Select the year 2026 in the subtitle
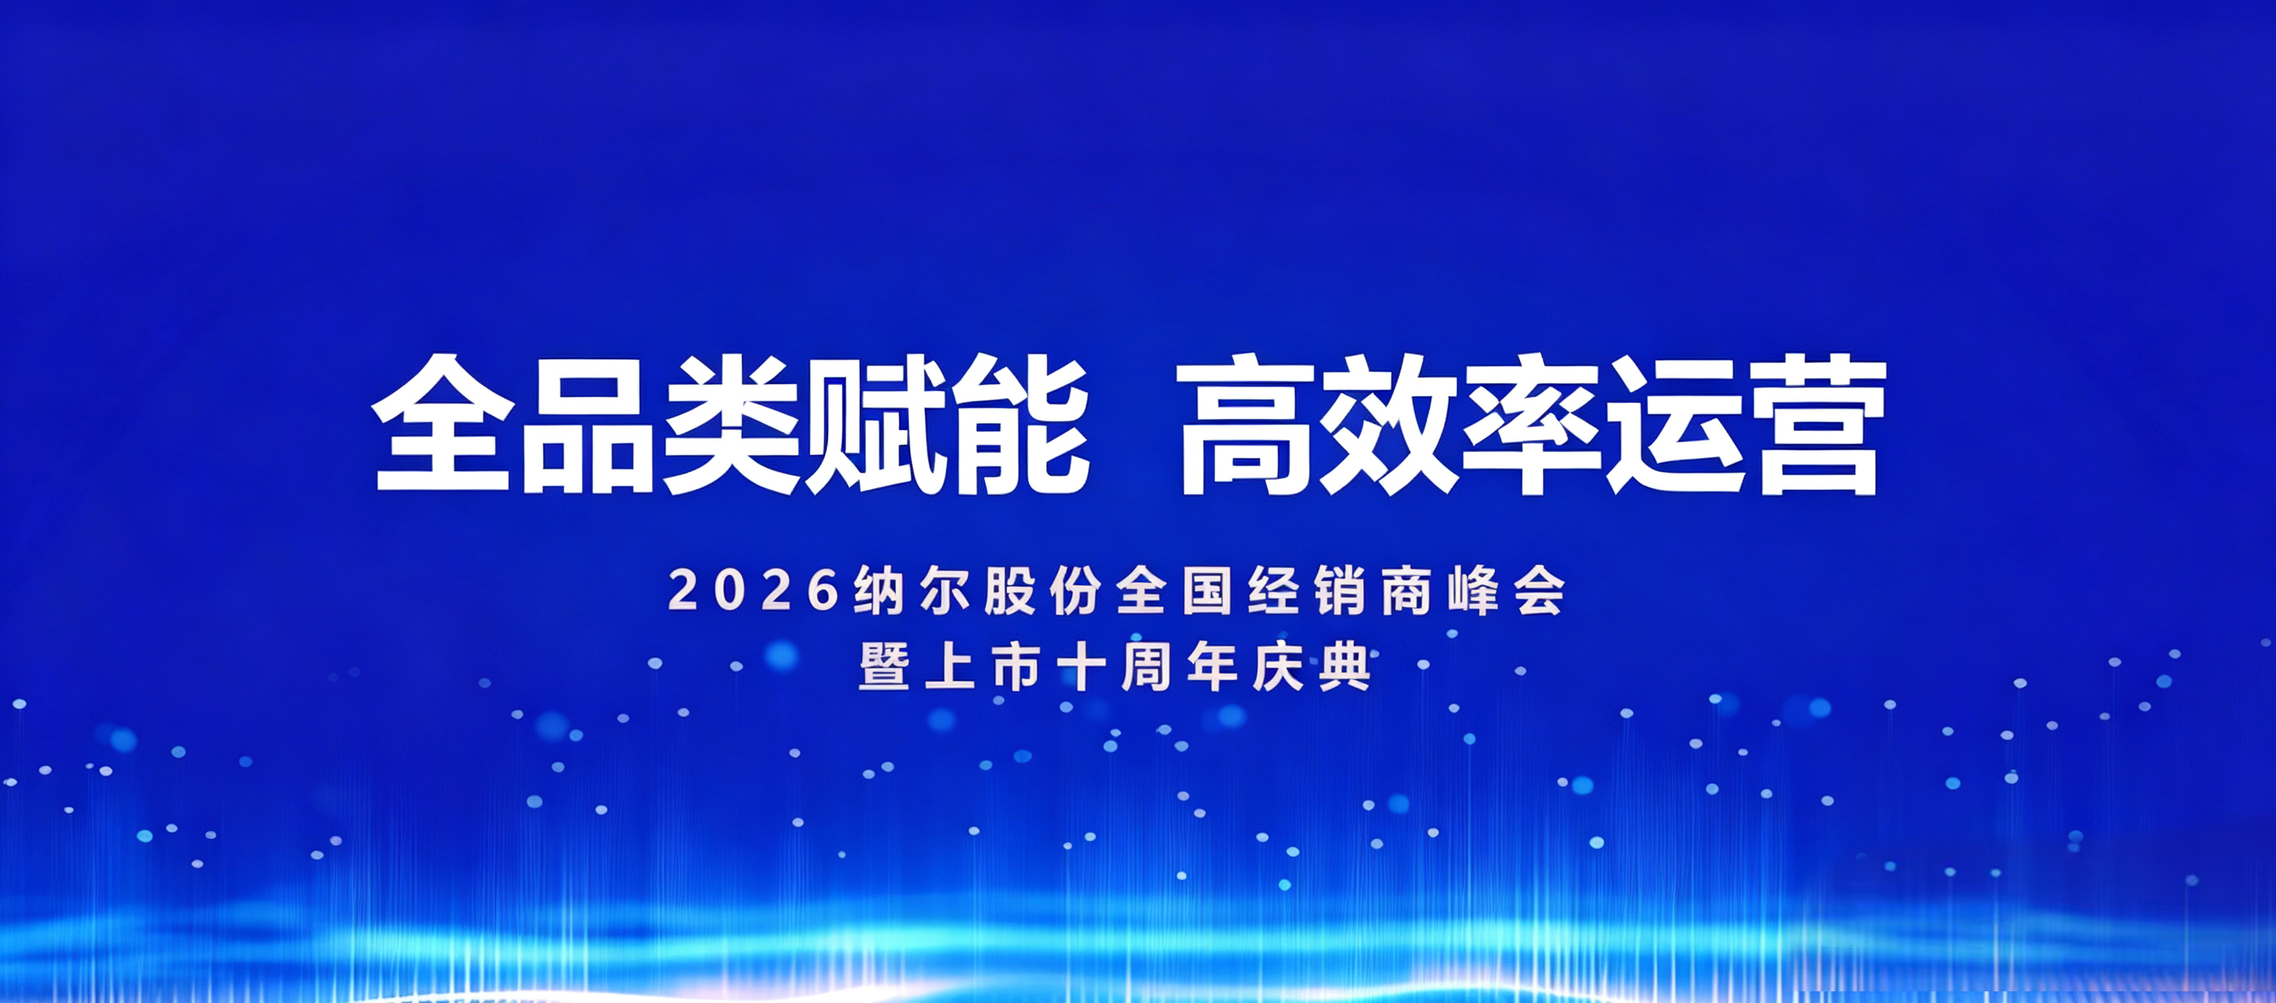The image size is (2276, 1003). click(753, 590)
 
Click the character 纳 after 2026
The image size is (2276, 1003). click(878, 590)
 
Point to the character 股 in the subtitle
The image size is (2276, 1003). click(1010, 590)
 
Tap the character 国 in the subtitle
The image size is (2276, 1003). click(1208, 590)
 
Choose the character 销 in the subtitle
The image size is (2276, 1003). click(1341, 590)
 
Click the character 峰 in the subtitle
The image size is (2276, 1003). click(1473, 590)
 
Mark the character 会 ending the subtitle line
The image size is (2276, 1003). click(1539, 590)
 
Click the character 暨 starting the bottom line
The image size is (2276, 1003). click(884, 666)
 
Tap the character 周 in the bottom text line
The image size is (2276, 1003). click(1147, 666)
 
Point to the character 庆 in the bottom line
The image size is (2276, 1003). click(1279, 666)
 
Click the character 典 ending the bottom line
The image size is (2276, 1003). click(1345, 666)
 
